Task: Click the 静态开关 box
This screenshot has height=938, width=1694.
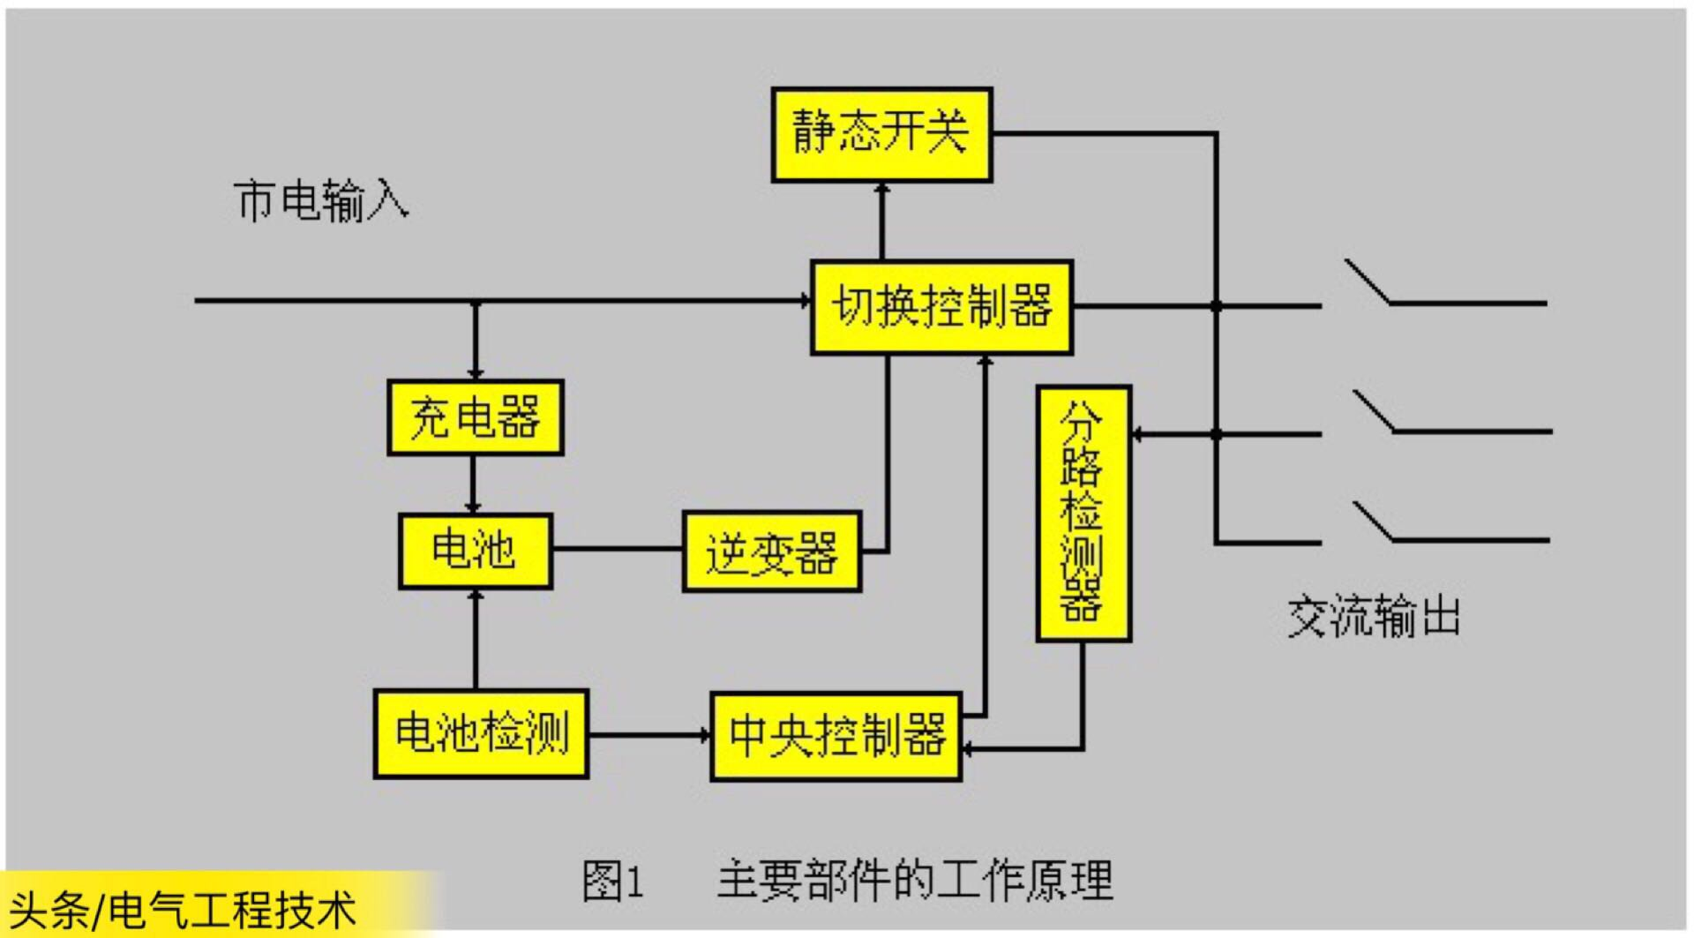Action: tap(881, 134)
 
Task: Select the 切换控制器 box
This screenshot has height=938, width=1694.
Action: tap(941, 307)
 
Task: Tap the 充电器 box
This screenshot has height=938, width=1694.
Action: tap(476, 417)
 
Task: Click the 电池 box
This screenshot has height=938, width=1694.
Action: tap(475, 551)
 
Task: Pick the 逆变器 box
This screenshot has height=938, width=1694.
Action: tap(772, 552)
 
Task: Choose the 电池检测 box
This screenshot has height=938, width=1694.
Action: tap(481, 734)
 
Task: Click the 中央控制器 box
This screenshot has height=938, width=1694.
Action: tap(836, 736)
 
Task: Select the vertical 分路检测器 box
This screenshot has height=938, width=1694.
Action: tap(1083, 513)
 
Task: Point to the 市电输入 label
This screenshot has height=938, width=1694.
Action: tap(322, 201)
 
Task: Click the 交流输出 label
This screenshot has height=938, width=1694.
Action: tap(1374, 616)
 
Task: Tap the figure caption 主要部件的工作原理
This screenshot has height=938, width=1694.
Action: tap(915, 880)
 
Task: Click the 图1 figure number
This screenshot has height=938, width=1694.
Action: tap(613, 881)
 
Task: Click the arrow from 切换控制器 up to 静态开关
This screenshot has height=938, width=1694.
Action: tap(881, 221)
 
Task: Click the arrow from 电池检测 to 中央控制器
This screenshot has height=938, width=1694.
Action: tap(649, 734)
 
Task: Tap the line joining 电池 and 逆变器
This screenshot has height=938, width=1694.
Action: tap(618, 549)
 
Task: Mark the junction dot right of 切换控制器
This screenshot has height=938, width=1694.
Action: tap(1216, 306)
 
